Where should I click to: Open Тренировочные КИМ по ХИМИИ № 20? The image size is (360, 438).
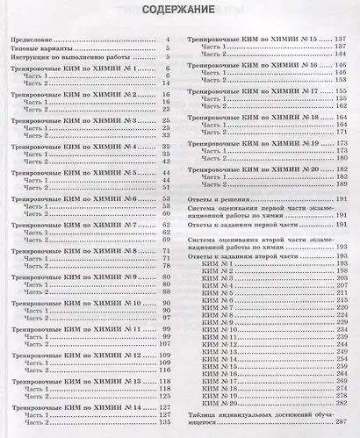click(252, 168)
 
